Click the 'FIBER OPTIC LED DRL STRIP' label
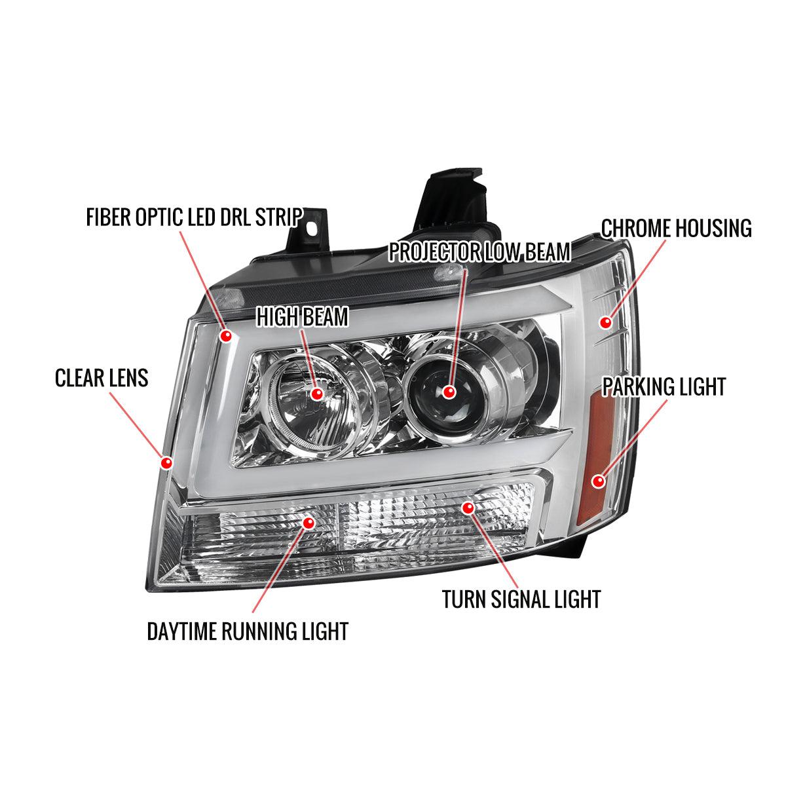(194, 217)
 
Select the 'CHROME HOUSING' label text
(676, 229)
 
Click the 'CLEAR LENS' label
(102, 378)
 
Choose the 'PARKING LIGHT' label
(664, 386)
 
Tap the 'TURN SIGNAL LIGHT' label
(521, 599)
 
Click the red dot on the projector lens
(449, 392)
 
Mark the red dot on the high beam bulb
(317, 394)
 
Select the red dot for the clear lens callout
(166, 463)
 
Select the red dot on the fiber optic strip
(227, 336)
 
